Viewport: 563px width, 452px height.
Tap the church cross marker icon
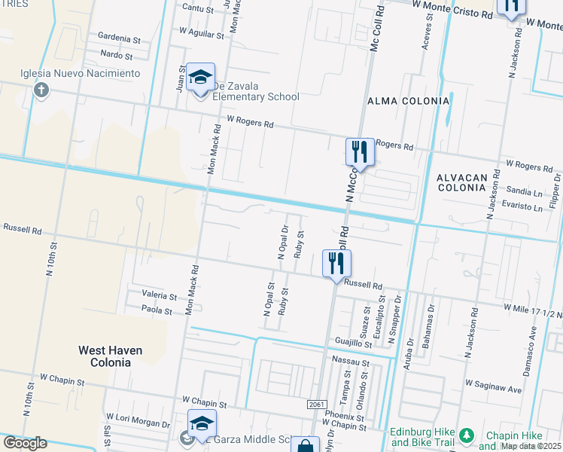point(41,91)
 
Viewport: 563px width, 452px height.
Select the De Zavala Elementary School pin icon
point(201,79)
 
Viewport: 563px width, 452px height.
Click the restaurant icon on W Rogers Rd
point(360,153)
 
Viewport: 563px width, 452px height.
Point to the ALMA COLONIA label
point(408,100)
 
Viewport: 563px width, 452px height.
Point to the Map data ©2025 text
point(531,446)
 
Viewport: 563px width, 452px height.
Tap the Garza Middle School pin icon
point(202,426)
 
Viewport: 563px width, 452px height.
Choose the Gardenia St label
point(120,38)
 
